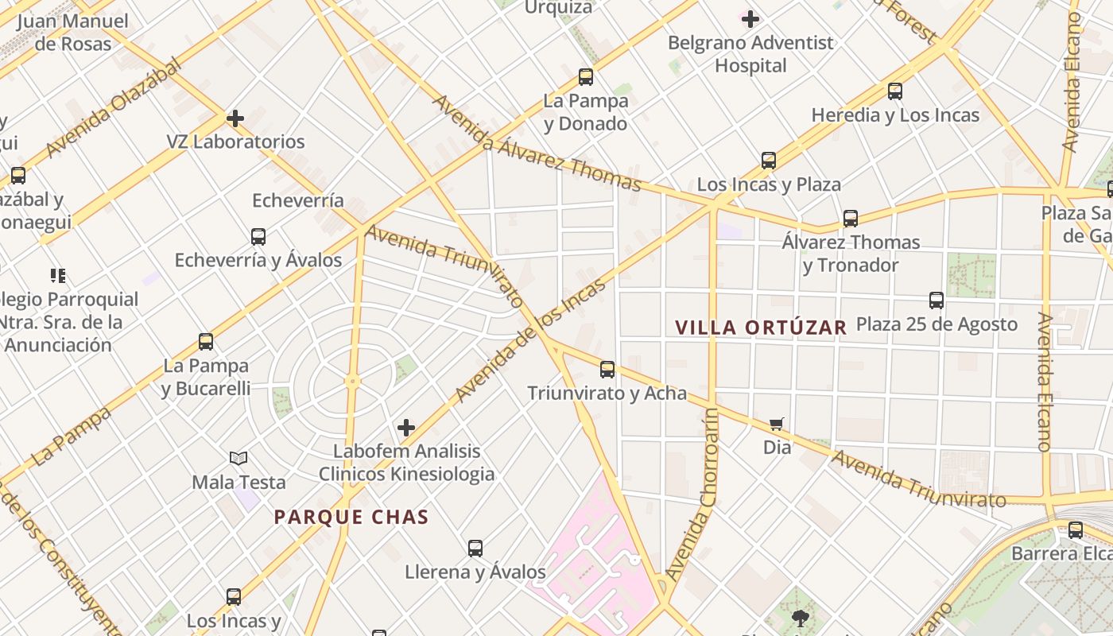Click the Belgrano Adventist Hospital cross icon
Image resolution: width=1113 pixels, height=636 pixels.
pyautogui.click(x=750, y=18)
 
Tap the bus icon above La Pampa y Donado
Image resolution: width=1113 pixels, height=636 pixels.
pyautogui.click(x=586, y=77)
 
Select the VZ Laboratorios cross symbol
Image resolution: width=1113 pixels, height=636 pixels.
pyautogui.click(x=235, y=118)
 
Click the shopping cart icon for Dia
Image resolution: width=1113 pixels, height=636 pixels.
pyautogui.click(x=777, y=424)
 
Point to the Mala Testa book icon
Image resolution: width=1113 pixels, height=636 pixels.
pyautogui.click(x=238, y=458)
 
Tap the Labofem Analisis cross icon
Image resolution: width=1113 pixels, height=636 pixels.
pyautogui.click(x=406, y=428)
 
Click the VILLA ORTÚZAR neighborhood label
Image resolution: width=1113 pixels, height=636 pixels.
pyautogui.click(x=761, y=327)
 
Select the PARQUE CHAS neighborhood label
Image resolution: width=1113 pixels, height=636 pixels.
pyautogui.click(x=351, y=518)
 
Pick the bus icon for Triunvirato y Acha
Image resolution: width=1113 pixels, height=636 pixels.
pyautogui.click(x=607, y=369)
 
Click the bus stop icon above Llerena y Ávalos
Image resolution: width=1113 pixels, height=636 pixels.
pyautogui.click(x=475, y=548)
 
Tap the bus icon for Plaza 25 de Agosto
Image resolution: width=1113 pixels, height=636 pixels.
pyautogui.click(x=937, y=301)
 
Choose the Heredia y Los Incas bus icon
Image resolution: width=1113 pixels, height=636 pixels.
pyautogui.click(x=895, y=91)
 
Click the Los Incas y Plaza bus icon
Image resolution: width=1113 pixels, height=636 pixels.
pyautogui.click(x=769, y=161)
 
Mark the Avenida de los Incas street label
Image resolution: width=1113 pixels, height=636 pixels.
pyautogui.click(x=529, y=340)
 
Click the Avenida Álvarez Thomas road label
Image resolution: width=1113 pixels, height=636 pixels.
pyautogui.click(x=536, y=144)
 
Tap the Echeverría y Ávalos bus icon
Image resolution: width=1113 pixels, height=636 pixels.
pyautogui.click(x=258, y=236)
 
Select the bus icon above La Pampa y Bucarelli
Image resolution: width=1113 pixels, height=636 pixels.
pyautogui.click(x=206, y=342)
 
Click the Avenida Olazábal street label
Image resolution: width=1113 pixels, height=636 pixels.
pyautogui.click(x=114, y=108)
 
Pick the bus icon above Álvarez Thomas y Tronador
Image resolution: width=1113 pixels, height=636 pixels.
pyautogui.click(x=851, y=219)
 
